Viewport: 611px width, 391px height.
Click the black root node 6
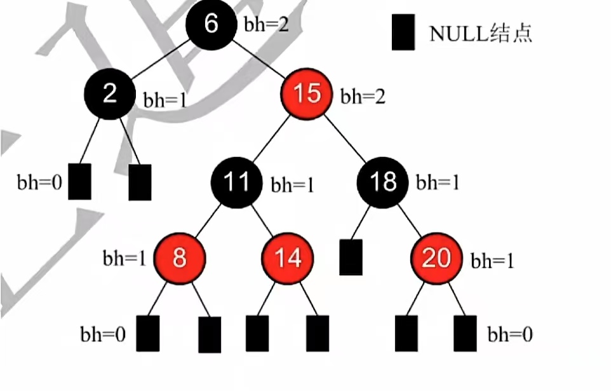211,24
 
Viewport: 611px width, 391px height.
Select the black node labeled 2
109,94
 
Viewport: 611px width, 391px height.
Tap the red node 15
307,95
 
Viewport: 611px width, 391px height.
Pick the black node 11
236,182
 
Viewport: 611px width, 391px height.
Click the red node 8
180,258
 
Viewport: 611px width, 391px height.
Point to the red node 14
287,258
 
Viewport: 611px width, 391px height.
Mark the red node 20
436,258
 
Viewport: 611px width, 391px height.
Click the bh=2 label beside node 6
266,25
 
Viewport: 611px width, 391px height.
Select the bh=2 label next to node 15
363,97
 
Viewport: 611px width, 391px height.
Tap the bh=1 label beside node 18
437,183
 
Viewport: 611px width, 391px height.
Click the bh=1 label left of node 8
124,258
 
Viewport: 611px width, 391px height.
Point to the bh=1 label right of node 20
492,261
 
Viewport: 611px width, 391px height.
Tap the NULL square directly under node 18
351,257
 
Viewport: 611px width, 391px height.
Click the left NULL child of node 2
79,181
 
